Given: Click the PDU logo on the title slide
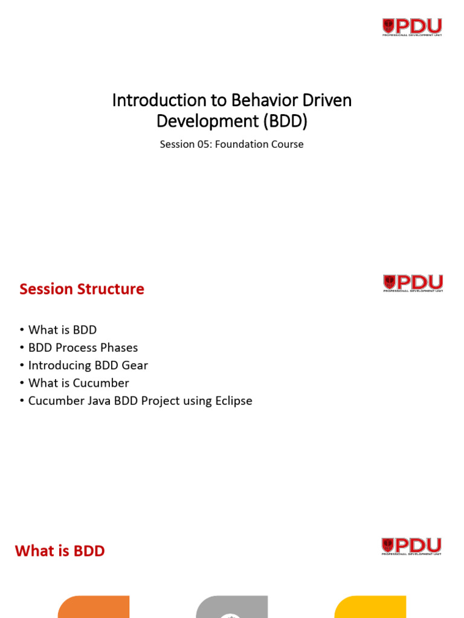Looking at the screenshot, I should tap(412, 27).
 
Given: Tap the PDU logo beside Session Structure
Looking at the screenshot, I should tap(413, 283).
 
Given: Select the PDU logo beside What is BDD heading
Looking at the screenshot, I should tap(411, 546).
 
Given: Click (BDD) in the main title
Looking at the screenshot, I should tap(285, 121).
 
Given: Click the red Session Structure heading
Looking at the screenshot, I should tap(82, 289).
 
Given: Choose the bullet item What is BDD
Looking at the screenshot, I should tap(62, 330).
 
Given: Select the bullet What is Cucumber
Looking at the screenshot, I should tap(79, 383).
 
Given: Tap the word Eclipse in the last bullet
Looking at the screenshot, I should tap(233, 400).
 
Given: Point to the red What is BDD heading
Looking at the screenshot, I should tap(60, 551).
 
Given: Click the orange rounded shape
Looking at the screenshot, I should tap(94, 607).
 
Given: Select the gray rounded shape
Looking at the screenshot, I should tap(232, 607).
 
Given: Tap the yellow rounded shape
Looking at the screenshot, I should tap(370, 607).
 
